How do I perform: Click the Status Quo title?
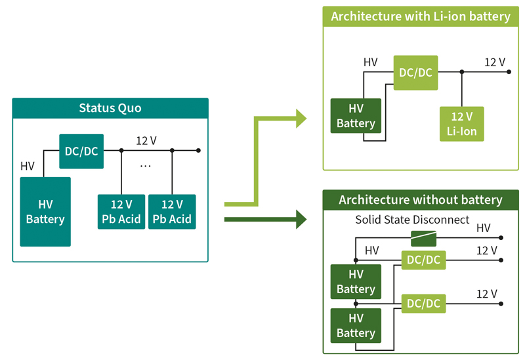pos(110,108)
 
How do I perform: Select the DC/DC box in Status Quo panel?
pos(81,151)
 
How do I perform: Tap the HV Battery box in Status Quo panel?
pos(45,212)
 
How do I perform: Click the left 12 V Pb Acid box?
pos(121,212)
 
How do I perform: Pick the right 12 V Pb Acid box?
pos(172,212)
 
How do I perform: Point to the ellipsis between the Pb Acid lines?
pos(146,166)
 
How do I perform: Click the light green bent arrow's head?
pos(301,119)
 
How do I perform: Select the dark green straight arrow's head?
pos(301,220)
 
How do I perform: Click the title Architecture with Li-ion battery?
pos(421,16)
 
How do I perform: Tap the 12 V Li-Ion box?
pos(462,124)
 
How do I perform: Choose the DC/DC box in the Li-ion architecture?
pos(415,73)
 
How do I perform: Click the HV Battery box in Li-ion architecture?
pos(356,116)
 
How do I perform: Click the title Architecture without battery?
pos(421,200)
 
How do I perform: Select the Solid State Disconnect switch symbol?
pos(423,238)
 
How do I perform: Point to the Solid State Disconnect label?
pos(412,220)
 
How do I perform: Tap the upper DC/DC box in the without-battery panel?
pos(423,260)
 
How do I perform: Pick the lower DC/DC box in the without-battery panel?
pos(423,304)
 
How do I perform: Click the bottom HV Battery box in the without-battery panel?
pos(356,325)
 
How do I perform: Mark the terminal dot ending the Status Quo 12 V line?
pos(198,151)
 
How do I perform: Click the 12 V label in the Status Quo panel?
pos(146,140)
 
